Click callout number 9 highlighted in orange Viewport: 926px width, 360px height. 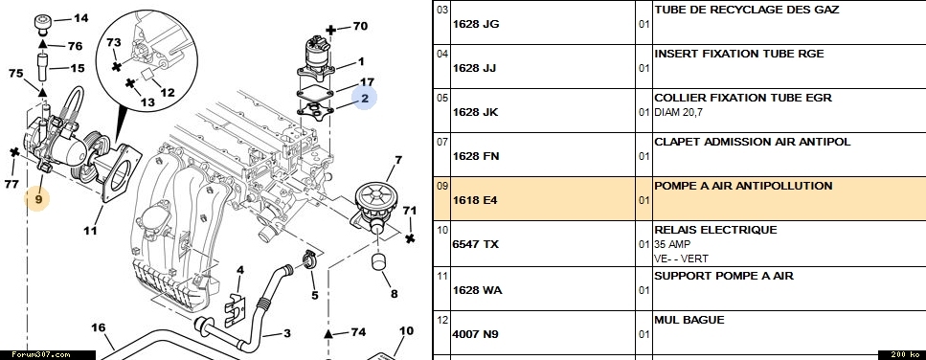tap(37, 199)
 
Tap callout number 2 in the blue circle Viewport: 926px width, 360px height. tap(365, 98)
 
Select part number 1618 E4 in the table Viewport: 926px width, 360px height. tap(475, 200)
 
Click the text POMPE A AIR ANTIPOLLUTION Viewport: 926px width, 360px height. tap(743, 186)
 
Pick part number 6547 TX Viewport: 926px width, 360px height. tap(475, 244)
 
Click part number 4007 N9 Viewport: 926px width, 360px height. tap(475, 334)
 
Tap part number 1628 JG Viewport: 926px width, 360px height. tap(476, 24)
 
